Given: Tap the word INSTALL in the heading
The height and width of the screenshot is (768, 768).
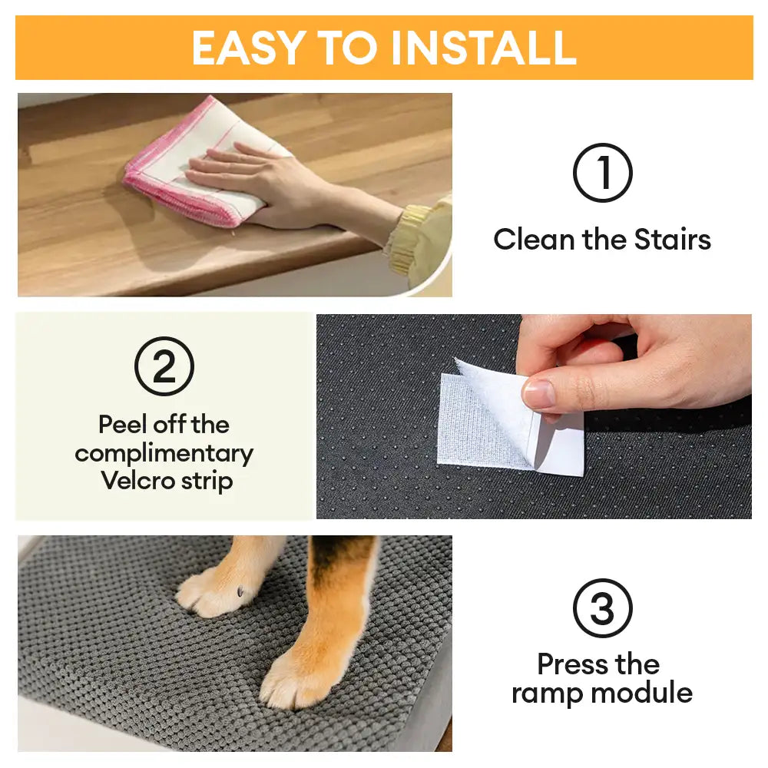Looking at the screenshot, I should [x=483, y=48].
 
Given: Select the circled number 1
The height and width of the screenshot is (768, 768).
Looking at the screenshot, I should [x=603, y=173].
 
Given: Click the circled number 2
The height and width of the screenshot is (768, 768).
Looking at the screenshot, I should [x=164, y=366].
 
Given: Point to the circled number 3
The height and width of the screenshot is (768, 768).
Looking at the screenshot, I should [x=603, y=608].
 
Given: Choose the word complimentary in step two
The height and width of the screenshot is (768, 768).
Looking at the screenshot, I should [x=164, y=453].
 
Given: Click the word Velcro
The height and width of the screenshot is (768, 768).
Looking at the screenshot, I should [x=135, y=482].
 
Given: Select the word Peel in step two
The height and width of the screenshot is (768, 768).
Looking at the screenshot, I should [x=123, y=424].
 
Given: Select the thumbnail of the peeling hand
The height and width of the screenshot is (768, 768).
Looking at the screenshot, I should [x=539, y=395].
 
